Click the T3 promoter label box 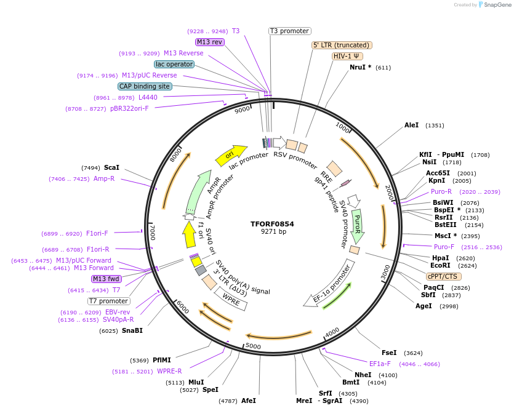tap(290, 31)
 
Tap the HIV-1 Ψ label tap(348, 56)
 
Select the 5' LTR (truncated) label tap(342, 45)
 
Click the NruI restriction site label tap(360, 67)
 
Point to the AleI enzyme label tap(411, 126)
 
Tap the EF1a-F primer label tap(380, 364)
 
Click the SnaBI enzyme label tap(132, 330)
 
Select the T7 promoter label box tap(109, 301)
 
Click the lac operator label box tap(174, 64)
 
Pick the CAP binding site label tap(145, 87)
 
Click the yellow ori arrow tap(230, 155)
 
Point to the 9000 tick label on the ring tap(243, 110)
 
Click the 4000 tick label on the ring tap(332, 332)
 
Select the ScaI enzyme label tap(111, 167)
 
